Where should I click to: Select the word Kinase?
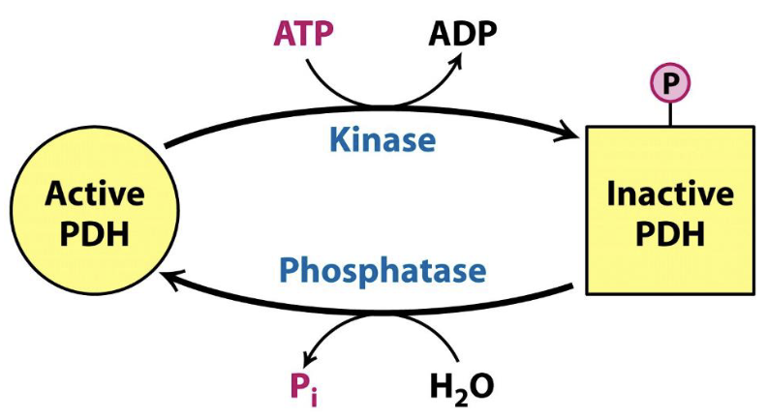(x=383, y=140)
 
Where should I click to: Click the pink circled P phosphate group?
(x=669, y=84)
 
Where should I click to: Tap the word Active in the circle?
(x=95, y=195)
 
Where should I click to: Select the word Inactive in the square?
(x=669, y=195)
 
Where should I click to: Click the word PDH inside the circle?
(x=95, y=234)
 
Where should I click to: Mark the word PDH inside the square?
(x=669, y=235)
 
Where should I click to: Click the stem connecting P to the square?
(x=669, y=115)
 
